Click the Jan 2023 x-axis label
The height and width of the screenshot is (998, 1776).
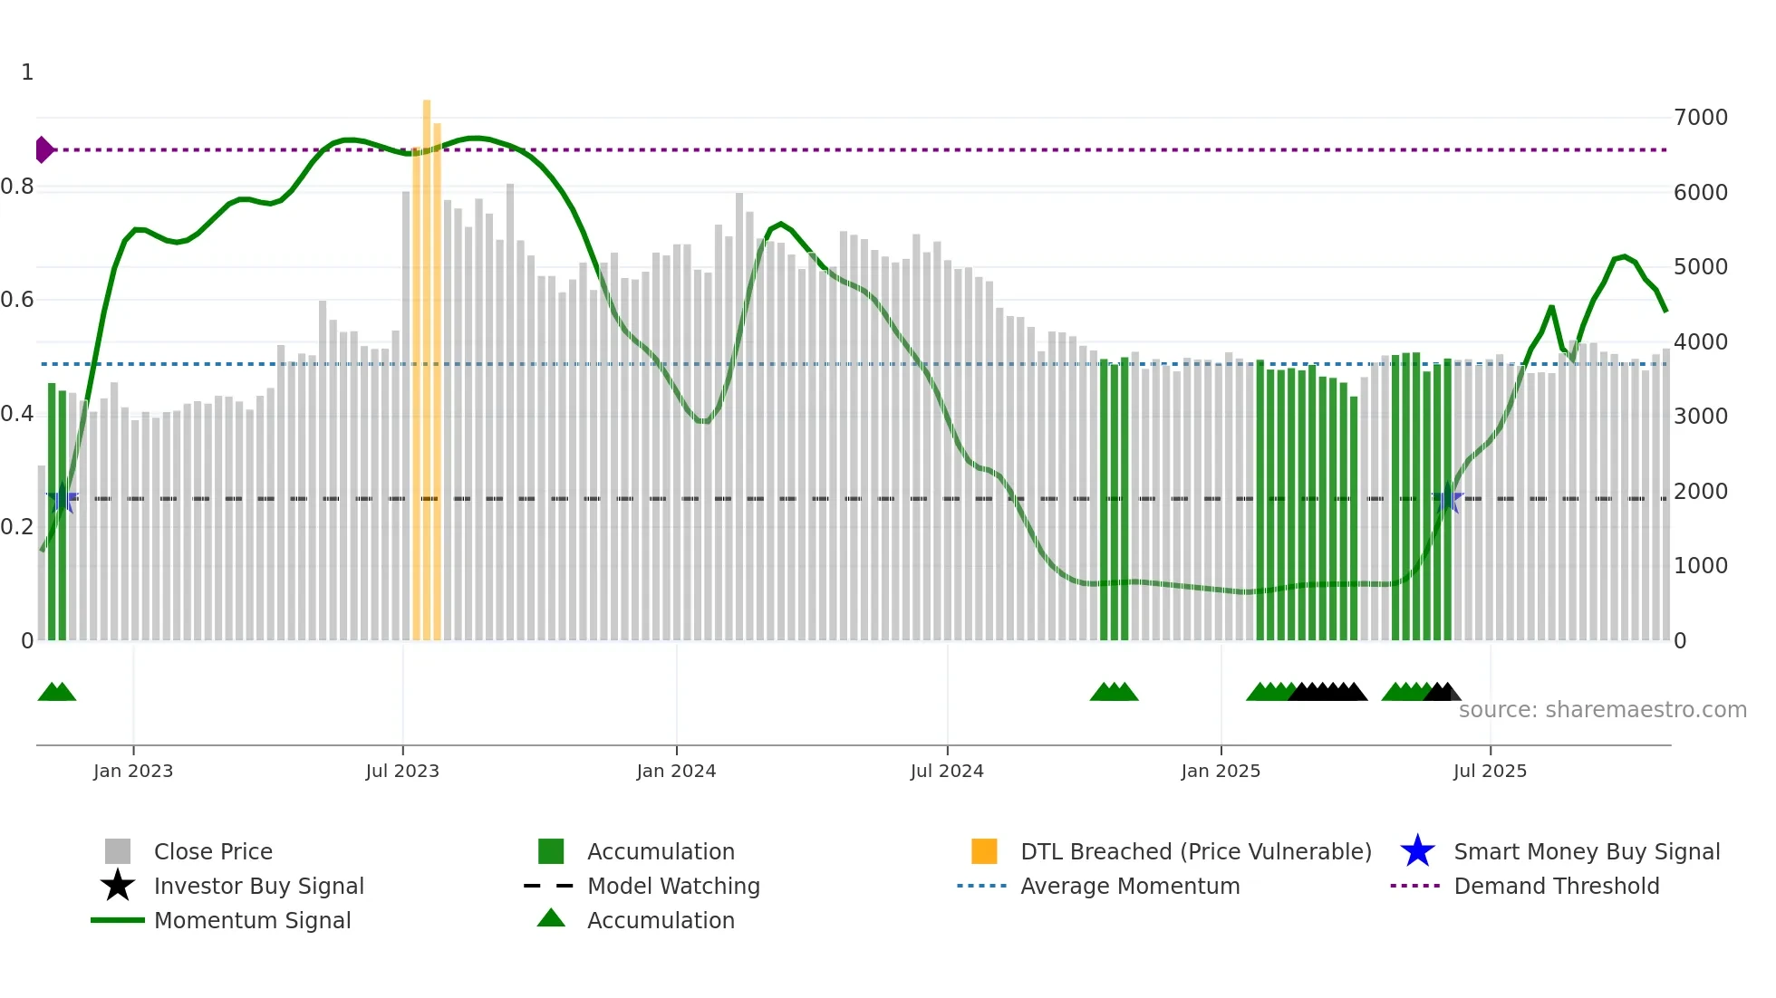[132, 771]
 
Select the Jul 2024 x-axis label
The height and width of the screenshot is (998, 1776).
[946, 771]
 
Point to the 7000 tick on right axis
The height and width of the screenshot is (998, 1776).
[1700, 117]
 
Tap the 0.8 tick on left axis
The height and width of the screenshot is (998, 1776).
[17, 187]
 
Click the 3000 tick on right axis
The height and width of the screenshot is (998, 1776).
[1700, 417]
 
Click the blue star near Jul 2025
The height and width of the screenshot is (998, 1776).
[1447, 498]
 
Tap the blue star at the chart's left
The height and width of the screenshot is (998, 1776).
[62, 498]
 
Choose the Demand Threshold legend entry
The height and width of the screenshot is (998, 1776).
[1556, 886]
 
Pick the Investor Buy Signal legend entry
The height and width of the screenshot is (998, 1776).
[258, 886]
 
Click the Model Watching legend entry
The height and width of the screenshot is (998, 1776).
[672, 886]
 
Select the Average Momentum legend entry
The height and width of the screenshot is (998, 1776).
[1129, 886]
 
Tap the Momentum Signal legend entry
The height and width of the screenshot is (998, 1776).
[252, 920]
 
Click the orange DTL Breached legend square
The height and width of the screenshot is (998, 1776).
[983, 851]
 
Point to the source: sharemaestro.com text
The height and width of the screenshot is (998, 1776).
[1602, 709]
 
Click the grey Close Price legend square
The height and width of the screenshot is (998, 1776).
[118, 851]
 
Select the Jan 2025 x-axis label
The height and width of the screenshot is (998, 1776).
[1220, 771]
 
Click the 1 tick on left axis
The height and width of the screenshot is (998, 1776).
[27, 72]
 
